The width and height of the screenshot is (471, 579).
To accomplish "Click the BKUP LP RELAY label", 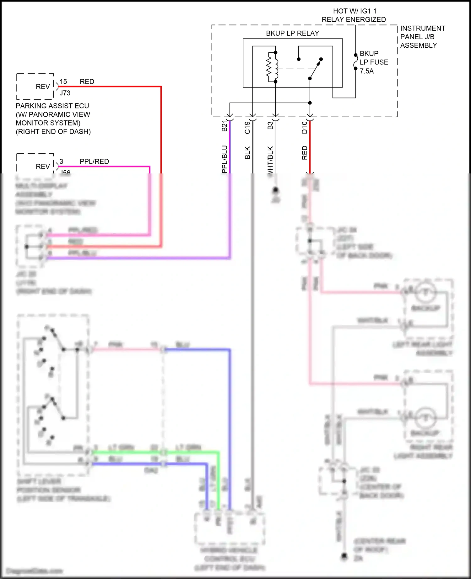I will pyautogui.click(x=292, y=33).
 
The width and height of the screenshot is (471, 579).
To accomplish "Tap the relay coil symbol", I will pyautogui.click(x=272, y=67).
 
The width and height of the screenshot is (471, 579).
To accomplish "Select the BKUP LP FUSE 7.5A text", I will pyautogui.click(x=374, y=62).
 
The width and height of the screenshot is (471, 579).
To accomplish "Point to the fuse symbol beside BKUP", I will pyautogui.click(x=355, y=62).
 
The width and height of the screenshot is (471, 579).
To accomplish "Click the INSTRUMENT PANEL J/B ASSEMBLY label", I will pyautogui.click(x=422, y=37).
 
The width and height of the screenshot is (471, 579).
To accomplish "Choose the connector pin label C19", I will pyautogui.click(x=247, y=127).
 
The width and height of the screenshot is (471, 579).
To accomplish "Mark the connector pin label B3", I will pyautogui.click(x=270, y=125).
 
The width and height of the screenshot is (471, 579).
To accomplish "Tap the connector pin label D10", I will pyautogui.click(x=304, y=127).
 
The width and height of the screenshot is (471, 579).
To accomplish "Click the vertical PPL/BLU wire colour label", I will pyautogui.click(x=224, y=159).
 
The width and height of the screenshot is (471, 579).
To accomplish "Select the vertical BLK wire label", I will pyautogui.click(x=247, y=153).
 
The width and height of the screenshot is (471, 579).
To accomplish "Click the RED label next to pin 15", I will pyautogui.click(x=87, y=82).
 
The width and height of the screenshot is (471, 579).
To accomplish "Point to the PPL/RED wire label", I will pyautogui.click(x=94, y=162).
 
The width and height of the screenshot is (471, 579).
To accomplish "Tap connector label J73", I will pyautogui.click(x=65, y=93).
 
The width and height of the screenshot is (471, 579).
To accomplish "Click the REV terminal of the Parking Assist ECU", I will pyautogui.click(x=43, y=87).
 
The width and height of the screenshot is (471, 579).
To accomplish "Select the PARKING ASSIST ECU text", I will pyautogui.click(x=52, y=106).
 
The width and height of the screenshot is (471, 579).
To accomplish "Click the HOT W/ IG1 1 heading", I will pyautogui.click(x=355, y=11).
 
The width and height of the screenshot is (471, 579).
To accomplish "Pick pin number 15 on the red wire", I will pyautogui.click(x=63, y=82).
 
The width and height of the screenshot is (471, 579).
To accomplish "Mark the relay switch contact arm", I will pyautogui.click(x=315, y=69).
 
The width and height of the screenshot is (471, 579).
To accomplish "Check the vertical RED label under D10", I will pyautogui.click(x=304, y=153).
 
